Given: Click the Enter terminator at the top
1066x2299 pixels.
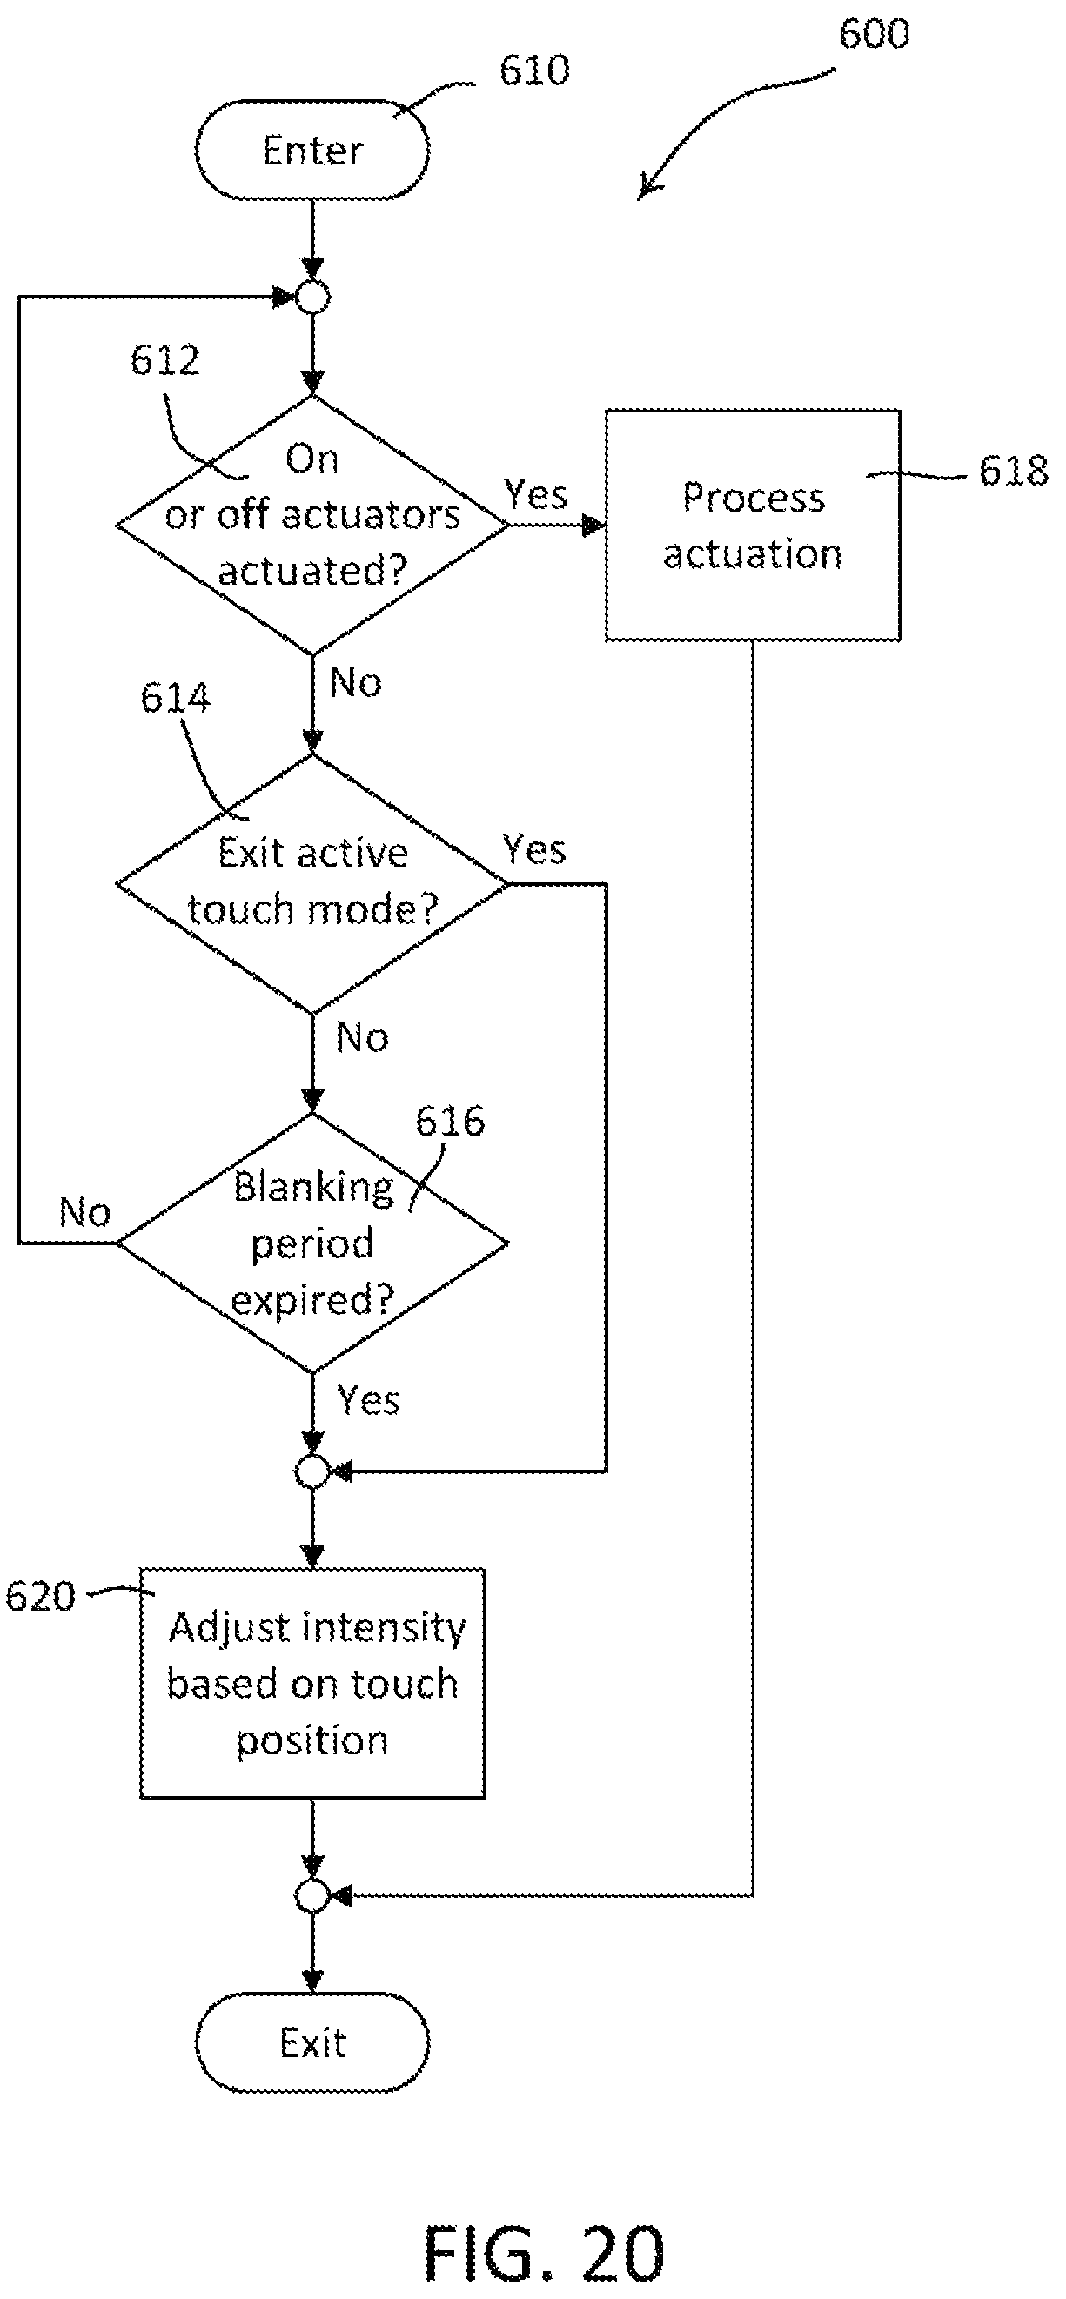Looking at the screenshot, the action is (x=312, y=149).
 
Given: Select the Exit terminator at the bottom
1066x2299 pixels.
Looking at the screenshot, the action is (x=312, y=2042).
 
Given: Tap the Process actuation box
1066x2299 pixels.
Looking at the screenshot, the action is (x=753, y=525).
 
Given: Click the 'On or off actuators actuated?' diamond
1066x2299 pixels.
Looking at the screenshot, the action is (x=312, y=525).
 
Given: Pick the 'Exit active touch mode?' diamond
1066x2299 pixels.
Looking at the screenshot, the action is (x=312, y=883).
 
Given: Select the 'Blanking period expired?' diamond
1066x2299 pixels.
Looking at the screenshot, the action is (x=312, y=1243).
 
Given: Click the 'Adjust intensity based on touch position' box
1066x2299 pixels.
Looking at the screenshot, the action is (x=312, y=1683).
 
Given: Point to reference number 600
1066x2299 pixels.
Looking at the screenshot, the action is (x=874, y=33).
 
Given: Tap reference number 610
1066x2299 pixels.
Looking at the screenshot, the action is (x=534, y=70).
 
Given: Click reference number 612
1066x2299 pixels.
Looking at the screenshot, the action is (x=165, y=359).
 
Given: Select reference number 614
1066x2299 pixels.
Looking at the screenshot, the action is (x=175, y=698).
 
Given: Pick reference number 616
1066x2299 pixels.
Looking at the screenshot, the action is (x=450, y=1121).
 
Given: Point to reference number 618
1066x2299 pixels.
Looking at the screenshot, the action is (x=1013, y=471).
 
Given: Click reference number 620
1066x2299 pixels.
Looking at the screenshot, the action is (x=40, y=1597).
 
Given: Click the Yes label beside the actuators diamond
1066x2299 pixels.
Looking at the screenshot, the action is (x=536, y=493).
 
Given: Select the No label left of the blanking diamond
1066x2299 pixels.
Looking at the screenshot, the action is (x=84, y=1212).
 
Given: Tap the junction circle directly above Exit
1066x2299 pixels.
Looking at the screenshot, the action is (x=312, y=1894).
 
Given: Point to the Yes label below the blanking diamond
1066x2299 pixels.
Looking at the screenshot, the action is (x=368, y=1400).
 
